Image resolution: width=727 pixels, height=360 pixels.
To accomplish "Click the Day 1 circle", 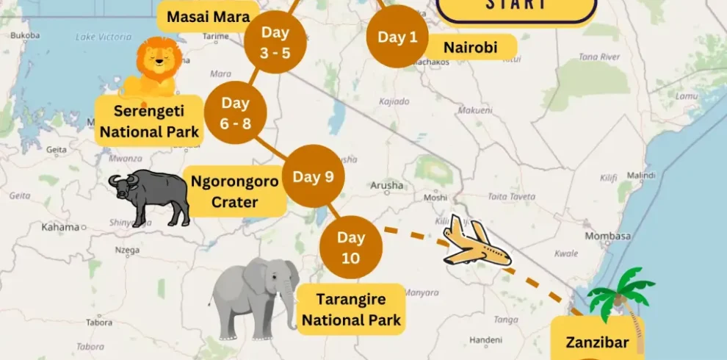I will pyautogui.click(x=397, y=37).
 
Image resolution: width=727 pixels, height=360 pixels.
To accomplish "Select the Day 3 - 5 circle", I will pyautogui.click(x=275, y=42).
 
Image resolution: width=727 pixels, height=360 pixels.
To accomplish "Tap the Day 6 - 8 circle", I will pyautogui.click(x=235, y=113).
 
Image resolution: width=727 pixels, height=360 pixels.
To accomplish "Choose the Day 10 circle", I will pyautogui.click(x=351, y=247).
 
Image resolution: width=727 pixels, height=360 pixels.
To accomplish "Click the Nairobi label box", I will pyautogui.click(x=470, y=48).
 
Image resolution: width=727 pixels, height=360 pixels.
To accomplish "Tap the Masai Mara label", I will pyautogui.click(x=209, y=16).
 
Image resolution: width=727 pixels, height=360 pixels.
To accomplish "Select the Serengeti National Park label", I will pyautogui.click(x=150, y=121).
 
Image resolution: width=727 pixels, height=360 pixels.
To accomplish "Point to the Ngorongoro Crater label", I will pyautogui.click(x=234, y=191).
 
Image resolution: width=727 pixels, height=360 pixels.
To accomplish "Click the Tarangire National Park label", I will pyautogui.click(x=351, y=309).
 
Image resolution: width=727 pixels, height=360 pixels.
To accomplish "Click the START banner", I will pyautogui.click(x=516, y=6).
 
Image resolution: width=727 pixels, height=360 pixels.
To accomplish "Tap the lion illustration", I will pyautogui.click(x=154, y=68).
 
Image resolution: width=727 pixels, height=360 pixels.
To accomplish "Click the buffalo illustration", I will pyautogui.click(x=151, y=195).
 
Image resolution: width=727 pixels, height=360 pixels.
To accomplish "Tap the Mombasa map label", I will pyautogui.click(x=607, y=236).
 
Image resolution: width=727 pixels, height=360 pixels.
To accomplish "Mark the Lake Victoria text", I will pyautogui.click(x=104, y=37).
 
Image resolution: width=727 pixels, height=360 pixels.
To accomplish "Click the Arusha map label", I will pyautogui.click(x=387, y=185).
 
